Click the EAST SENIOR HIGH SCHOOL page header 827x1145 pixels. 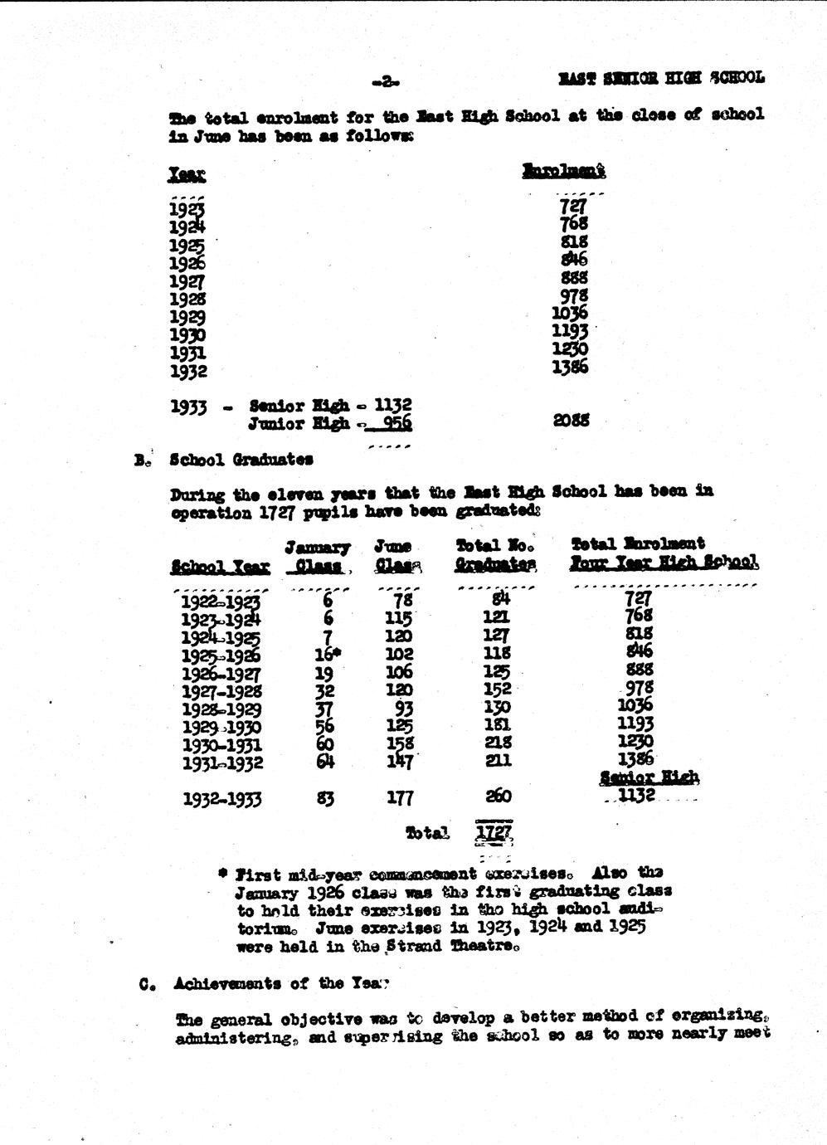point(660,78)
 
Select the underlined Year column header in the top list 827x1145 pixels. point(187,174)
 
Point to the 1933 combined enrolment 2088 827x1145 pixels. point(571,420)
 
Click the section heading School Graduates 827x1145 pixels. point(241,459)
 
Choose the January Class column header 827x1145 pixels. point(317,556)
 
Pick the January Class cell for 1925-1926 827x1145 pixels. point(323,653)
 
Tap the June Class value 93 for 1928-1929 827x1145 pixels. point(402,708)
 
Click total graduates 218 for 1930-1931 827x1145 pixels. point(497,743)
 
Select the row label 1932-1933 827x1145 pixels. point(221,799)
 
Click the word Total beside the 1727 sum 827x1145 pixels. point(427,832)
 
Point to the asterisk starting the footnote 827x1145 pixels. point(222,873)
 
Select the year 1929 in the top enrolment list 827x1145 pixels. point(187,317)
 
